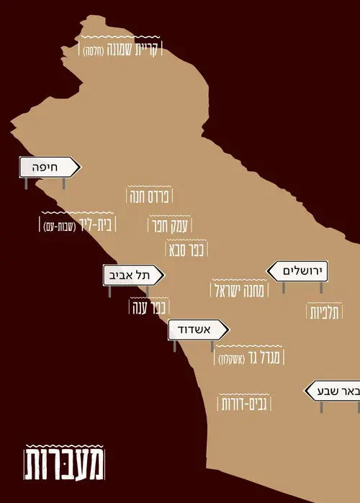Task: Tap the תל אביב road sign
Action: click(134, 275)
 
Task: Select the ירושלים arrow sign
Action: click(297, 271)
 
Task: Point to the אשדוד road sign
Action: click(198, 330)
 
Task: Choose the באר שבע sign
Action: click(333, 391)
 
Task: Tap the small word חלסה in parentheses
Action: click(94, 50)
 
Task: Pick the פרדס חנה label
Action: click(152, 196)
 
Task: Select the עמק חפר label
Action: click(168, 225)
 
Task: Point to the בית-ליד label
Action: click(96, 225)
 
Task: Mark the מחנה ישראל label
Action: click(240, 291)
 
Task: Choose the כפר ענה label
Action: click(148, 307)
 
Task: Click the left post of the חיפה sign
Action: click(26, 183)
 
